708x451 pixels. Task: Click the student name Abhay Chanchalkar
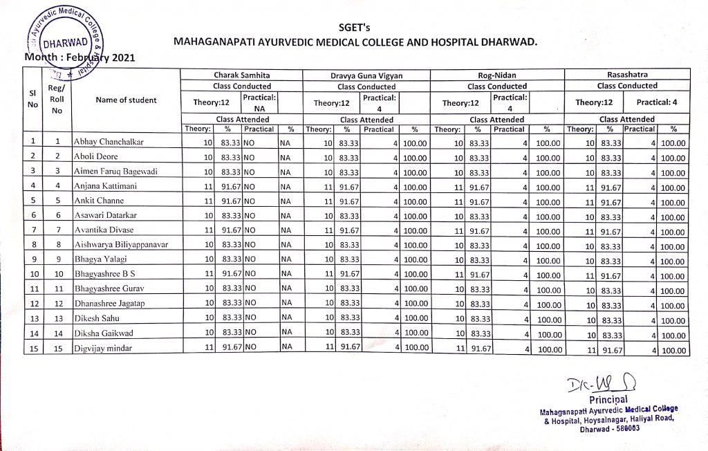107,142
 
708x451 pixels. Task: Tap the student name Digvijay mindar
103,349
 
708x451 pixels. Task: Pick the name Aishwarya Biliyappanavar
121,245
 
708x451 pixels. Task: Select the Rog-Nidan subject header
497,75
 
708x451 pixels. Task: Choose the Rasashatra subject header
627,74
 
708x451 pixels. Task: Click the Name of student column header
126,100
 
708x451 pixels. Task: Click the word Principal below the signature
608,399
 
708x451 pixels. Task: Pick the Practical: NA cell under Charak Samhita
259,103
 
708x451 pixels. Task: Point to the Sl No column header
32,100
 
